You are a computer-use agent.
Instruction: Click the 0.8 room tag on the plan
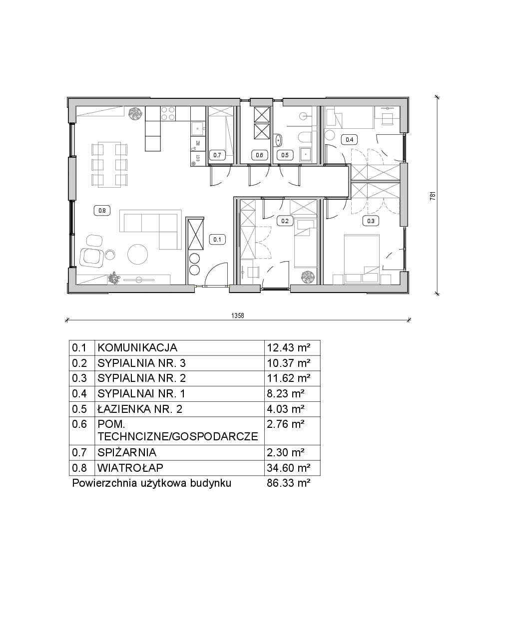(x=102, y=211)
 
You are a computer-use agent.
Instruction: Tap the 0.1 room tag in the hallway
(x=217, y=239)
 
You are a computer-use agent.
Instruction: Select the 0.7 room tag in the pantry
(x=217, y=155)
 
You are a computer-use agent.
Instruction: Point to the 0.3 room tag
(x=371, y=221)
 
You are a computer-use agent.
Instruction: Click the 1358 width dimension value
(x=238, y=316)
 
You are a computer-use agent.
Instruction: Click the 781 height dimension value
(x=433, y=196)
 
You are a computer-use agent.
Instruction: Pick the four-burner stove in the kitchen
(x=168, y=113)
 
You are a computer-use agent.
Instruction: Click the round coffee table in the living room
(x=137, y=254)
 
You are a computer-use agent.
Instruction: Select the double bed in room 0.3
(x=362, y=259)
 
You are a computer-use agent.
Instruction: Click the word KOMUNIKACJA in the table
(x=137, y=347)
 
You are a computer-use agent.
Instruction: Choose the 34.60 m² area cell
(x=289, y=468)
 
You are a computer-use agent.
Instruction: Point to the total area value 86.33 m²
(x=289, y=483)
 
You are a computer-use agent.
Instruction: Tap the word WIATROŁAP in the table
(x=130, y=468)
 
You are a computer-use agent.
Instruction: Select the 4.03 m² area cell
(x=286, y=409)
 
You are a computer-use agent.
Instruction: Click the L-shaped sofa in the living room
(x=151, y=229)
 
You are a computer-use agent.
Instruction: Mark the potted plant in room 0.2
(x=308, y=277)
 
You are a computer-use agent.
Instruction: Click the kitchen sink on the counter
(x=197, y=129)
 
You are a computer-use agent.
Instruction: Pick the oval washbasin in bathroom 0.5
(x=278, y=140)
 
